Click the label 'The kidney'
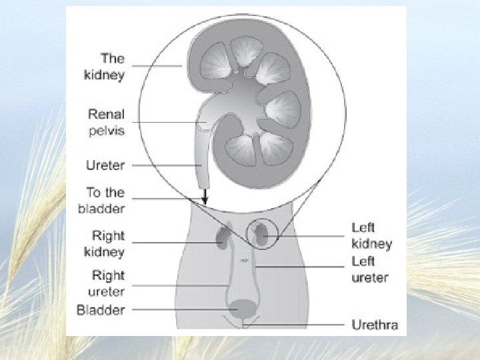point(104,66)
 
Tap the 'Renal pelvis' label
point(106,123)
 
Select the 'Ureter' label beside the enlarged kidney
point(105,165)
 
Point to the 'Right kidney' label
point(108,243)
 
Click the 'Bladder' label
point(101,310)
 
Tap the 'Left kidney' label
point(371,236)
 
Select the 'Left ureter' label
point(370,269)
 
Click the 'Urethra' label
point(375,325)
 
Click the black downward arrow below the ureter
point(205,196)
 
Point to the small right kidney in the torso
point(222,237)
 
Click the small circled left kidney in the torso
point(261,235)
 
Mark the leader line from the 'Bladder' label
point(180,310)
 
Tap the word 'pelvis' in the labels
point(106,131)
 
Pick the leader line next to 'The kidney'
point(157,66)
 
